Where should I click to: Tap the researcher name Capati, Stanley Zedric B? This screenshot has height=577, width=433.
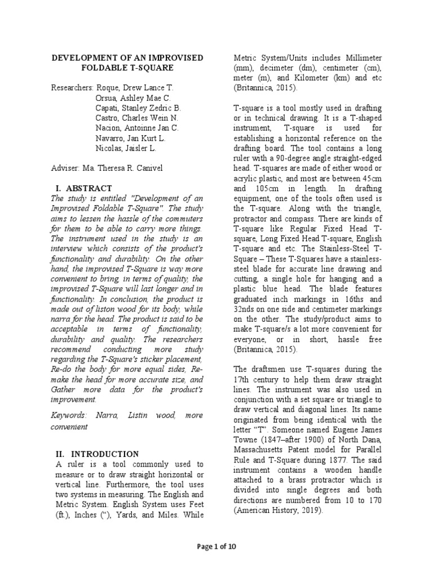pos(139,108)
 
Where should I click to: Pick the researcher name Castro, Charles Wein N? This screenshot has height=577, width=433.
pos(137,118)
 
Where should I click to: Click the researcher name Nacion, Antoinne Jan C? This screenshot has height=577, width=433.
pos(138,128)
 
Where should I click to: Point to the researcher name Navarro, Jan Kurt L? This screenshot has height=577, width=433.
pos(131,139)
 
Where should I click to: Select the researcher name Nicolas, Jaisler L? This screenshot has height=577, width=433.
pos(127,149)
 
